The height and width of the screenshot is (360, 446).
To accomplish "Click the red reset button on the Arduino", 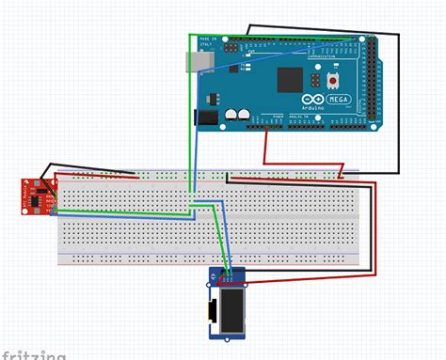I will click(x=333, y=82).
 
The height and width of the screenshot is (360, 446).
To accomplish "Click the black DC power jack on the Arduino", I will click(x=205, y=117).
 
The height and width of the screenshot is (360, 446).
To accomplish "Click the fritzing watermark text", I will click(x=34, y=354).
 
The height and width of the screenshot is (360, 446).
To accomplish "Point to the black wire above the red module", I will click(x=85, y=164).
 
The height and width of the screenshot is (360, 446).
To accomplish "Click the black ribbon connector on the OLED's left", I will click(x=215, y=309).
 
